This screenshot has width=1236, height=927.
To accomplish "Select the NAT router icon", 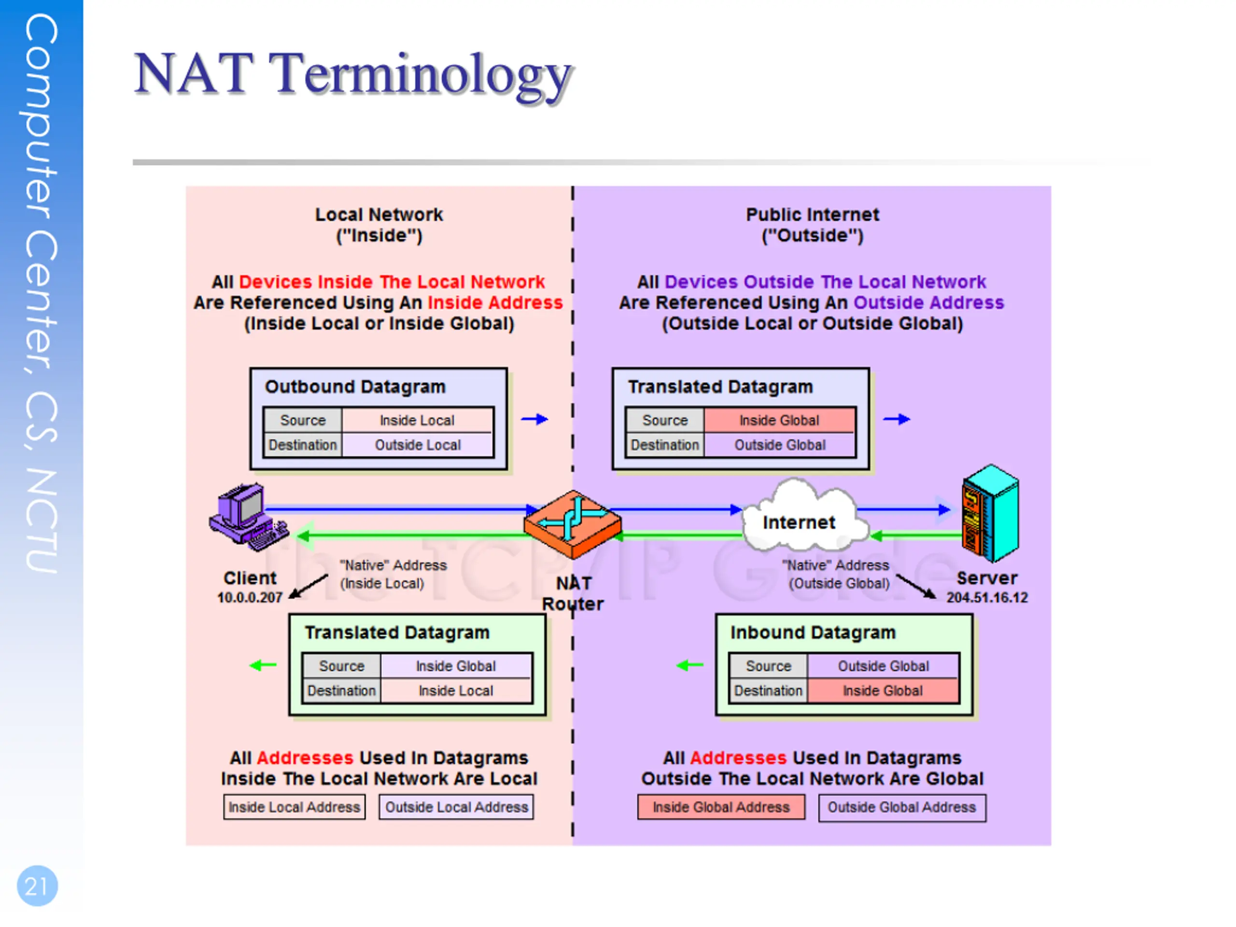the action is point(572,524).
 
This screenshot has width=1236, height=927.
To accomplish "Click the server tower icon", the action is point(990,513).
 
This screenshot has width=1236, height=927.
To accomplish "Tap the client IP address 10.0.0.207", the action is point(250,597).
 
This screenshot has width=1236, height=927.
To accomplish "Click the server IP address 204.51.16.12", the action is point(987,597).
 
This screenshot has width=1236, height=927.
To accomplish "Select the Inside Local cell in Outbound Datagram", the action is point(418,420).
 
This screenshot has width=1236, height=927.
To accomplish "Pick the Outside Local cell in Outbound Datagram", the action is point(418,445).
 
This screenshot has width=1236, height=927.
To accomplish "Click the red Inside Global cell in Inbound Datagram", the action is point(883,690).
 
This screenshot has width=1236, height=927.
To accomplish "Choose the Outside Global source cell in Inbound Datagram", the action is point(883,666).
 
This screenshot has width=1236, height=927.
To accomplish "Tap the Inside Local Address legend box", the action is point(295,807).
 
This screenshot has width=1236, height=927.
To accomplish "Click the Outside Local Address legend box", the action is point(457,807).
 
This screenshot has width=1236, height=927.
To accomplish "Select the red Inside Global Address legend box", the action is point(721,807).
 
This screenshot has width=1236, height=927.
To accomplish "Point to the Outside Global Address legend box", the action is point(902,807).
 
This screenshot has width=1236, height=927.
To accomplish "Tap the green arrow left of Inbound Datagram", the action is point(690,665).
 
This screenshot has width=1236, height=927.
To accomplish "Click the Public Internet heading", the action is point(813,225).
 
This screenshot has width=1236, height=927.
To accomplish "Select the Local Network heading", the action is point(379,225).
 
